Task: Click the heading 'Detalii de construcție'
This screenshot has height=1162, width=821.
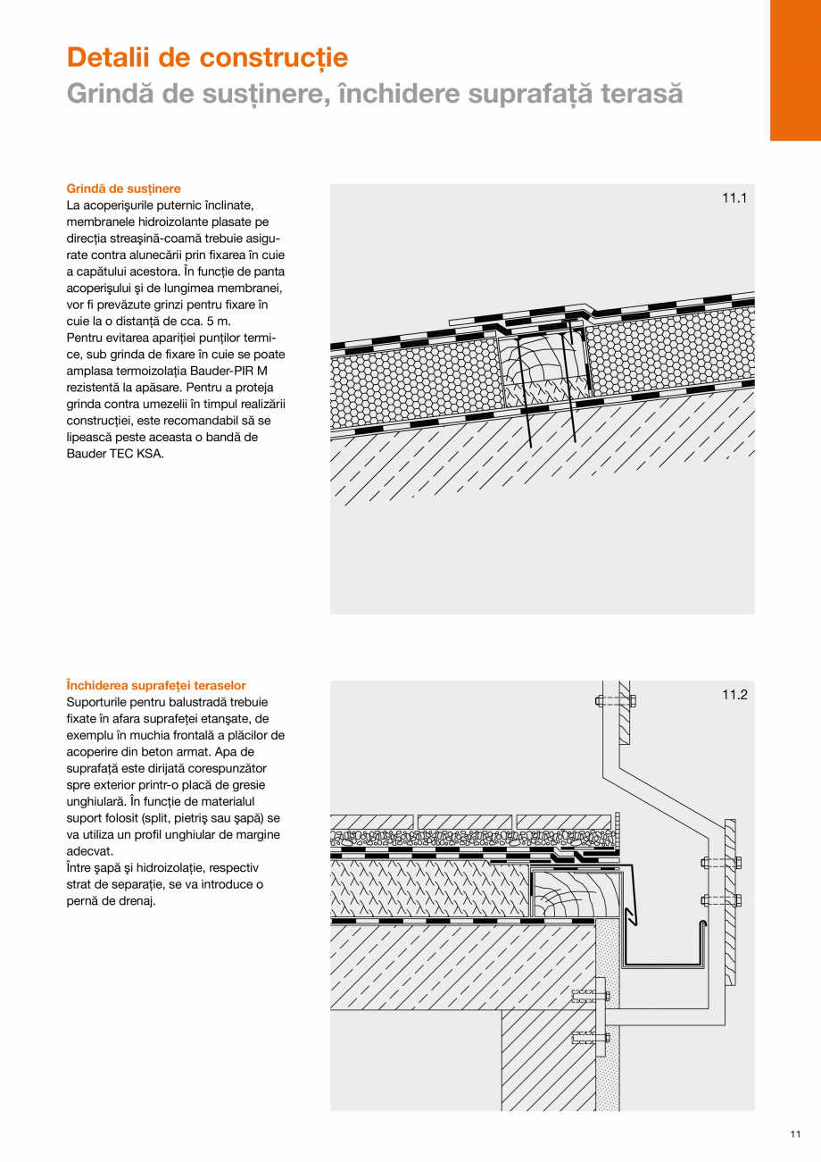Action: (x=207, y=57)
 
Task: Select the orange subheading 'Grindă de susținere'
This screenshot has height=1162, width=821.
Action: (x=123, y=188)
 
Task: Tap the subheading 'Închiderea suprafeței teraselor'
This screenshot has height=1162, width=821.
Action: (x=156, y=685)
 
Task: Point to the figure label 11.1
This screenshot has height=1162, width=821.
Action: (x=734, y=198)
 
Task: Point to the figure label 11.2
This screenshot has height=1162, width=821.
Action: (x=734, y=695)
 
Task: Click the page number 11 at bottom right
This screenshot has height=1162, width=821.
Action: (x=794, y=1135)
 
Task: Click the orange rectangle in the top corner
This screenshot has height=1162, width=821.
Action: (x=795, y=70)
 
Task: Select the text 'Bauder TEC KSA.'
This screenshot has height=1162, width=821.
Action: (x=115, y=454)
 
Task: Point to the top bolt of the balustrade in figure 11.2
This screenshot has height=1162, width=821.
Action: (x=616, y=700)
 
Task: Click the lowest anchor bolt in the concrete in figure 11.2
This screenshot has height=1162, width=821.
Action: (x=590, y=1038)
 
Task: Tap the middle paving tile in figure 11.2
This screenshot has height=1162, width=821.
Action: (x=464, y=822)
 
